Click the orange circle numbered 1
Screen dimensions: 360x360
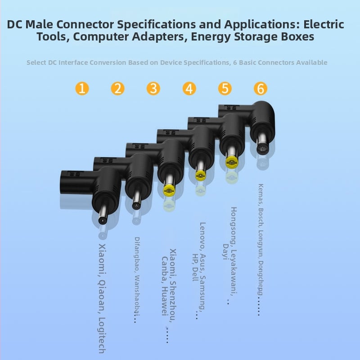click(82, 88)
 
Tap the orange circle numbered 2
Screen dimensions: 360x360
click(117, 88)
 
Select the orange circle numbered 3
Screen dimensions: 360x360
click(153, 88)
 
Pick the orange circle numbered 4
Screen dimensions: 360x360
click(189, 88)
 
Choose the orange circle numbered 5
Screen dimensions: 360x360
click(225, 88)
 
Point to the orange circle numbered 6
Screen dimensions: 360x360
click(261, 88)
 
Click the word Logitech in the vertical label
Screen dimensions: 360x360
click(102, 335)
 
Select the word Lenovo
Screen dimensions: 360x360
click(202, 236)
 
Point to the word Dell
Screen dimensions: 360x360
click(195, 274)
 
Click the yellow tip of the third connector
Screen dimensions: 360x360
click(169, 190)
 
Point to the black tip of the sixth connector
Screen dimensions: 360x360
click(262, 149)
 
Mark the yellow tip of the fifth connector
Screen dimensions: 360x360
click(232, 162)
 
